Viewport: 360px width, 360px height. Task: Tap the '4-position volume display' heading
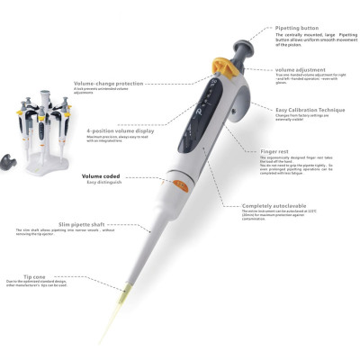click(x=119, y=130)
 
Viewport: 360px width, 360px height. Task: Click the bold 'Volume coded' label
click(x=101, y=176)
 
